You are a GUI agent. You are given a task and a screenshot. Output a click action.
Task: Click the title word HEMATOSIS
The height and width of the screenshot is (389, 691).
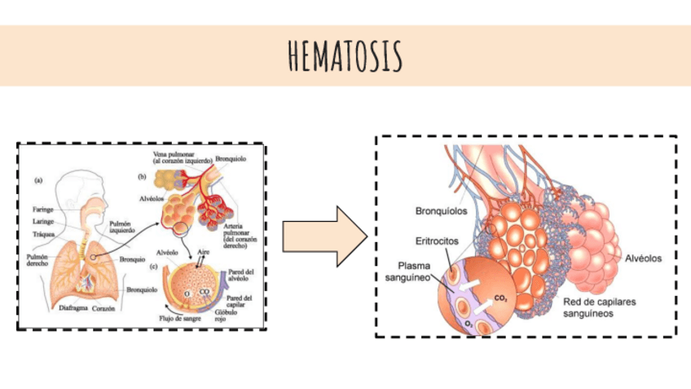pyautogui.click(x=345, y=55)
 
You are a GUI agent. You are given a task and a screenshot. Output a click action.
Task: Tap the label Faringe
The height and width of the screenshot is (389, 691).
pyautogui.click(x=44, y=209)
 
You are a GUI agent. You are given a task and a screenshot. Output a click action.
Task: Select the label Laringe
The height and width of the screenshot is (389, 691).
pyautogui.click(x=44, y=220)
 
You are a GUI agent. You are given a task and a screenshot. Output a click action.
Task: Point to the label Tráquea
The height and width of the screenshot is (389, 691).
pyautogui.click(x=44, y=232)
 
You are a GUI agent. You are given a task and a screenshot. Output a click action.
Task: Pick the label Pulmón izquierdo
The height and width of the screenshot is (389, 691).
pyautogui.click(x=121, y=225)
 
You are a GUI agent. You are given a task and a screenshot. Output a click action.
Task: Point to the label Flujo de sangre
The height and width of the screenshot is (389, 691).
pyautogui.click(x=178, y=318)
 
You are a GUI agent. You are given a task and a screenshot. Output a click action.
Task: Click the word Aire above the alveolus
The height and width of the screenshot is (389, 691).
pyautogui.click(x=205, y=254)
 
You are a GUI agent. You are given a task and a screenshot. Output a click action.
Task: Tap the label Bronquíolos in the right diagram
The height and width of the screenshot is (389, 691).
pyautogui.click(x=440, y=210)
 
